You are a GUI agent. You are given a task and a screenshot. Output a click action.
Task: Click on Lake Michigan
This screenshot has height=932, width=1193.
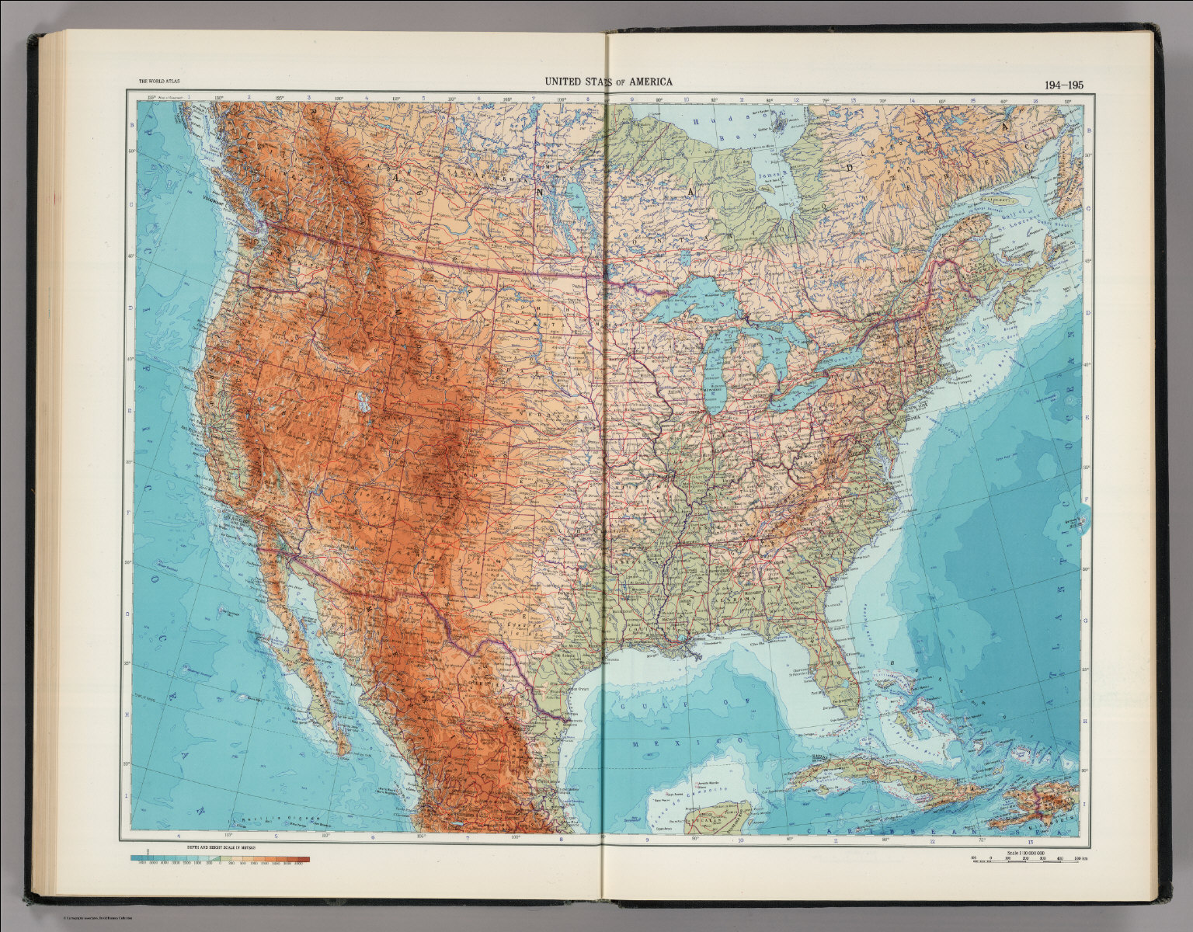coord(712,373)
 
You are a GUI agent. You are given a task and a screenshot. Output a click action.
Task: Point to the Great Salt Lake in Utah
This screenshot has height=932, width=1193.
coord(362,401)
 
